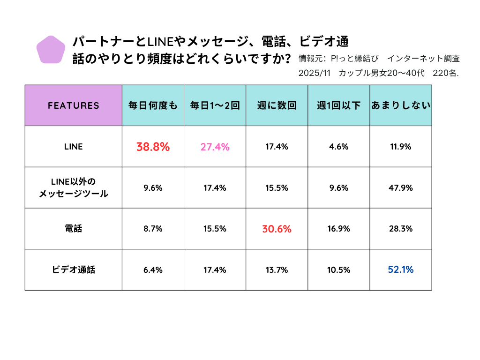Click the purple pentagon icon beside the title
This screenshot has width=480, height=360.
click(x=51, y=50)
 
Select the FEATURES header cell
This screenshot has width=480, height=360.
click(x=74, y=105)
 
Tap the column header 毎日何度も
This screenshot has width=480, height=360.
click(x=153, y=105)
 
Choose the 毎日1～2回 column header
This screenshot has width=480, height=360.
click(x=215, y=105)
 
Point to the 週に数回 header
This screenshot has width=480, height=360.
click(x=277, y=105)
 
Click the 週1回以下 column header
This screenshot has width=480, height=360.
click(x=338, y=105)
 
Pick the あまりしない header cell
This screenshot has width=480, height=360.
click(x=400, y=105)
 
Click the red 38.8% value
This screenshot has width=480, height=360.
click(x=153, y=147)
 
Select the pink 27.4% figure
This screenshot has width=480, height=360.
click(x=215, y=147)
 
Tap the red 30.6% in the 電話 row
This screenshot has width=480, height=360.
click(x=277, y=229)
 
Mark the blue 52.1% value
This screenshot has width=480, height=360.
click(x=400, y=270)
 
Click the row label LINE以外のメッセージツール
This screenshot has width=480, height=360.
click(x=74, y=187)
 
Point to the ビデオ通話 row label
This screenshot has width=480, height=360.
click(x=74, y=270)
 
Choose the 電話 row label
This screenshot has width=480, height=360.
click(x=74, y=229)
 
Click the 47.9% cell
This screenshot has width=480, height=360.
click(x=400, y=188)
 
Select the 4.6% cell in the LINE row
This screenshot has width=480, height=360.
click(x=338, y=147)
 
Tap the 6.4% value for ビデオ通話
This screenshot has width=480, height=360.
click(x=153, y=270)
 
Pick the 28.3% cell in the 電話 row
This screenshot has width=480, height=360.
click(x=400, y=229)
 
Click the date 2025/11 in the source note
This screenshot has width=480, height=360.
click(x=315, y=74)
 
